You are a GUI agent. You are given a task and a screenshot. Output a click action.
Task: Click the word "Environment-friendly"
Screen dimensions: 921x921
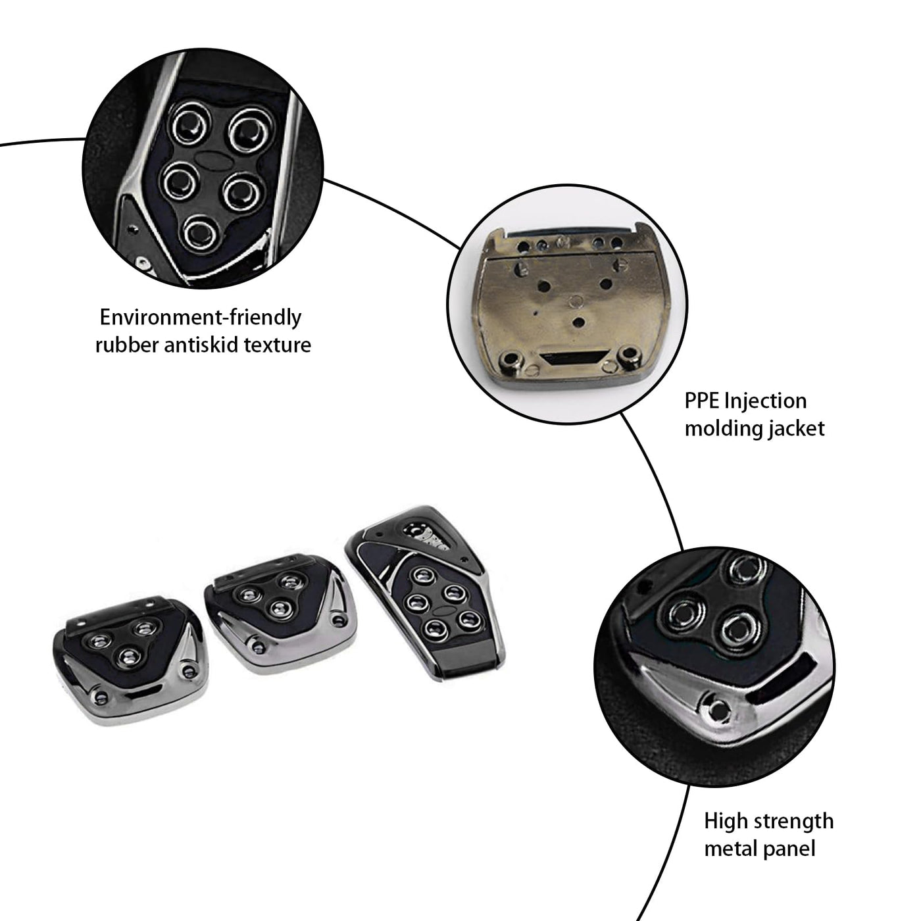click(200, 317)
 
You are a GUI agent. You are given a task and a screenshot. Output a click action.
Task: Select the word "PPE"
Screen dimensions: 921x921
click(702, 401)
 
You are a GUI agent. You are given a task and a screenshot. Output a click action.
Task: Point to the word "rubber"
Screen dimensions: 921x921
click(126, 345)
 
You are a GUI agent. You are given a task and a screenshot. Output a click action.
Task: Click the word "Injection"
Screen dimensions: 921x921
click(765, 401)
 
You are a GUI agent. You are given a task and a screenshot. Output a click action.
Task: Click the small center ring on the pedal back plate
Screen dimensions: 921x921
click(578, 300)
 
